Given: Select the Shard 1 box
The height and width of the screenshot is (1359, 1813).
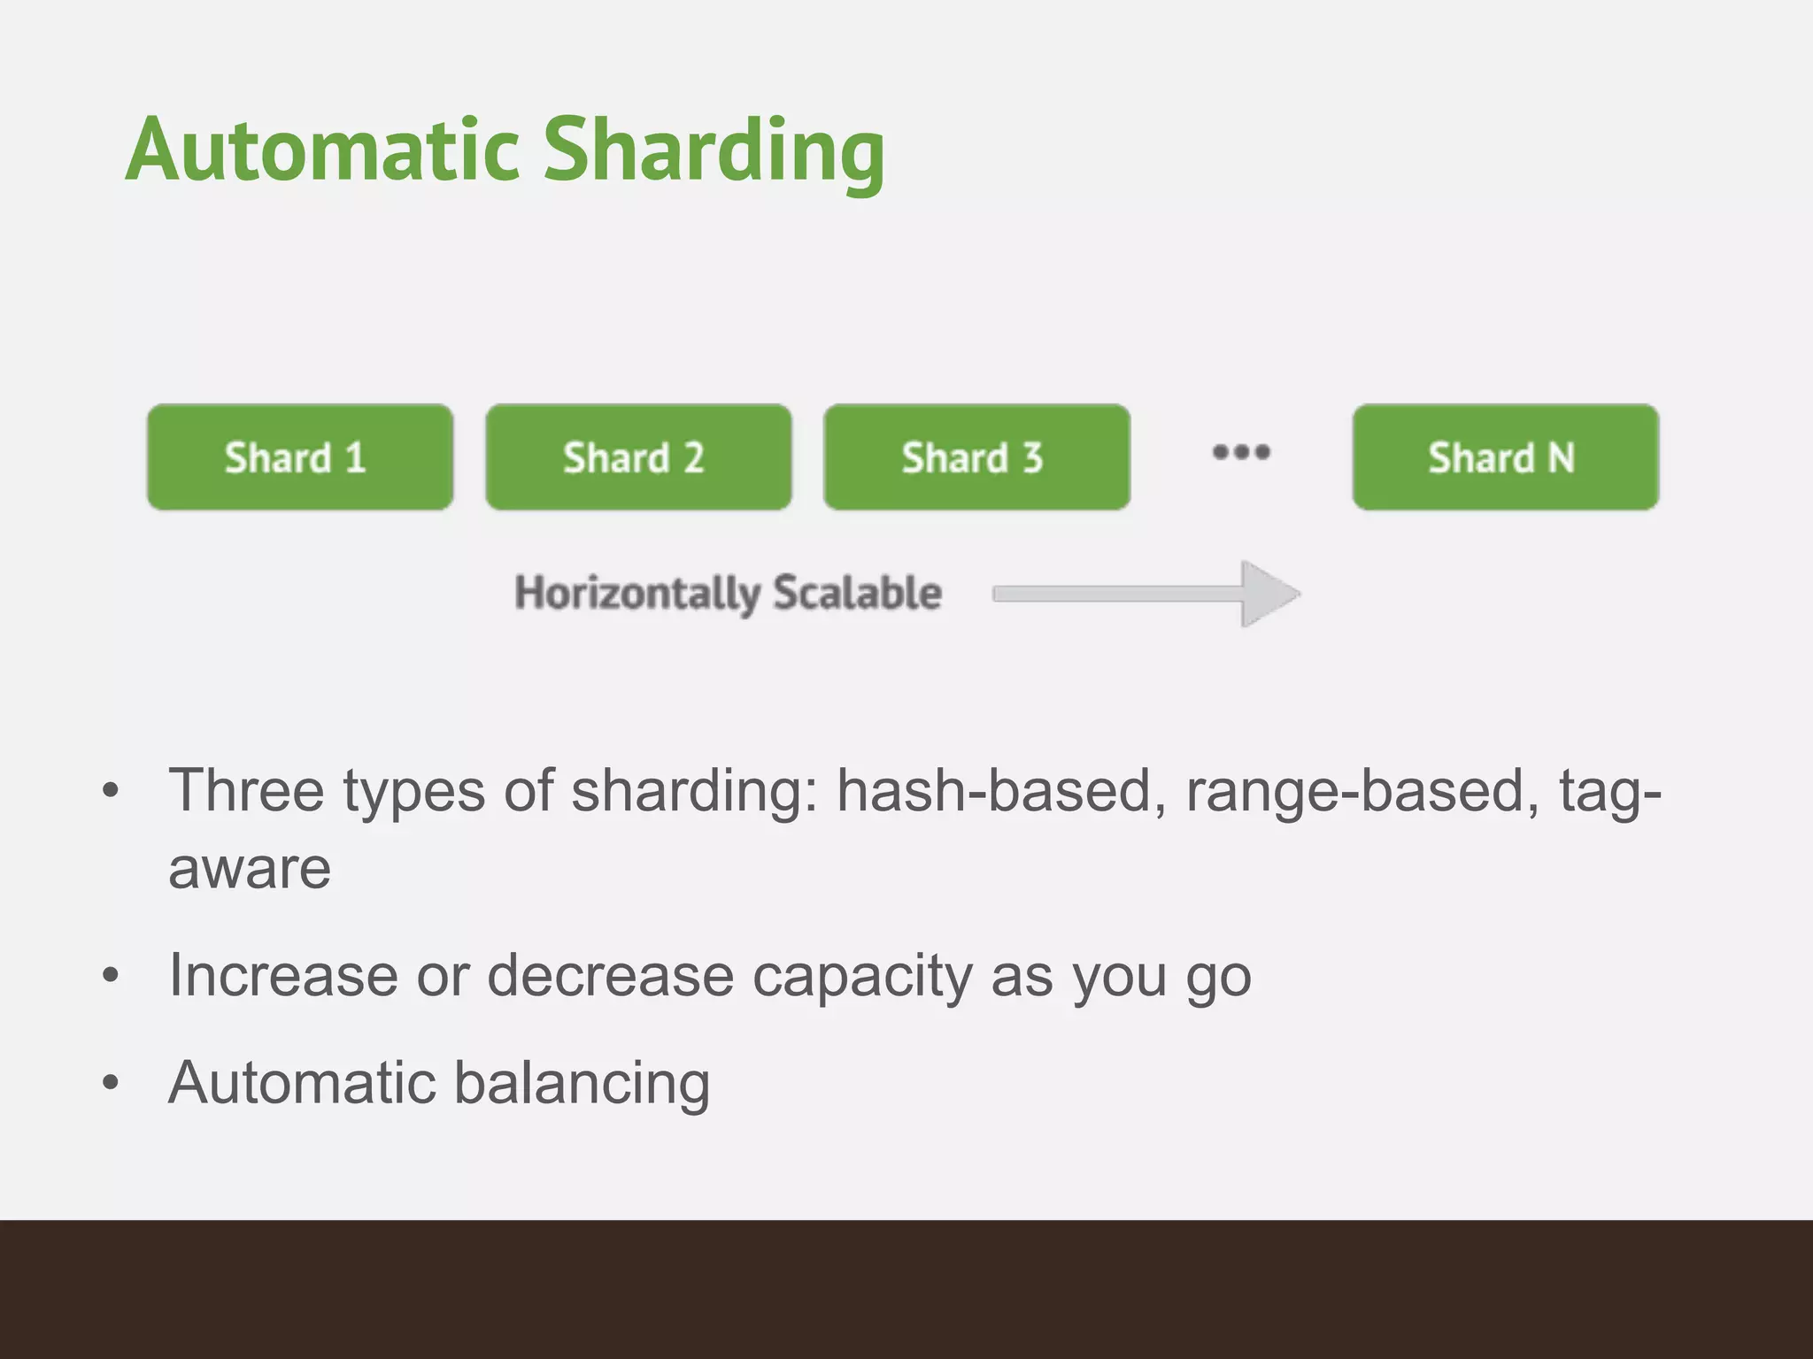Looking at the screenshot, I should tap(300, 457).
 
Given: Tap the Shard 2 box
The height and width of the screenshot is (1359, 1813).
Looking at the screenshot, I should tap(638, 457).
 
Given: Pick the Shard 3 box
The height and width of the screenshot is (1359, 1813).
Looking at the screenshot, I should tap(976, 457).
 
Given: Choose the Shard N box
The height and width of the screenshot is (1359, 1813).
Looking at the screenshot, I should tap(1505, 457).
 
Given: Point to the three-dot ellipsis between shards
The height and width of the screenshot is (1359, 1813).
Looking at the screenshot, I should tap(1241, 452).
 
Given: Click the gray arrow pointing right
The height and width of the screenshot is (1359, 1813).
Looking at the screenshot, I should tap(1146, 594).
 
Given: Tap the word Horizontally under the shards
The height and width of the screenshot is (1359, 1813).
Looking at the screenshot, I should tap(636, 594).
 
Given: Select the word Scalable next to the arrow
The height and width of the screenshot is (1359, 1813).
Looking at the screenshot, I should tap(857, 592).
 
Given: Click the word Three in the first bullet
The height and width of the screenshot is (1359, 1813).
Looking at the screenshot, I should tap(246, 790).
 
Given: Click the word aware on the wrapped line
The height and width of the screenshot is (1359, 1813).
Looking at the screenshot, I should tap(250, 869).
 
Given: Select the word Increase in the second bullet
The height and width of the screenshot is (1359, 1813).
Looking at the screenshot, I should tap(282, 976).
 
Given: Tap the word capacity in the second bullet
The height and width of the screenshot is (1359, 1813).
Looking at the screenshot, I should tap(861, 978).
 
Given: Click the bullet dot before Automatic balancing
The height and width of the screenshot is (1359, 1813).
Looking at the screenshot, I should tap(111, 1083).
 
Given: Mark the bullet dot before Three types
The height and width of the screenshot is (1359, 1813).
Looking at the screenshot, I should tap(111, 790).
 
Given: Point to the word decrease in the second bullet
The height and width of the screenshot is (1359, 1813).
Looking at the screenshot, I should tap(610, 976).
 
